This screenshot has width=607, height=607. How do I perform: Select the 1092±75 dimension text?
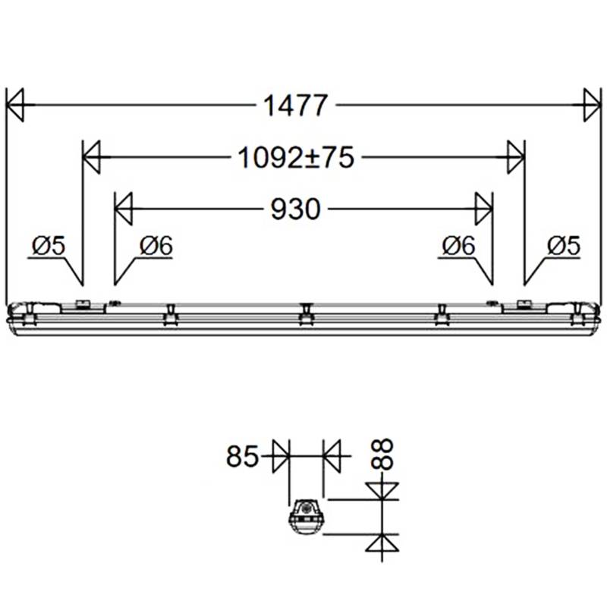coord(296,157)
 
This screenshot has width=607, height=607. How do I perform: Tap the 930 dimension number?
coord(295,209)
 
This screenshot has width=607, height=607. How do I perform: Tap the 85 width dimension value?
coord(242,457)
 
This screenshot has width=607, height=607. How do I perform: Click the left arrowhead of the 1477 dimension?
coord(15,105)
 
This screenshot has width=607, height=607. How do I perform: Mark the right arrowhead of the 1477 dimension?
coord(592,105)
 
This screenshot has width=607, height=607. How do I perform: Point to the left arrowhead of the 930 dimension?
coord(124,209)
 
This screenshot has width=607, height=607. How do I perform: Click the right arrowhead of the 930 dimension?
coord(483,209)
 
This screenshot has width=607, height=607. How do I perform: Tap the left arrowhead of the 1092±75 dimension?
coord(92,157)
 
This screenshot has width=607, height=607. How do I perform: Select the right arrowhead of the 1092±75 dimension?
coord(515,157)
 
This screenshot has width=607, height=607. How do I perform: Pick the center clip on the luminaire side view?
coord(305,313)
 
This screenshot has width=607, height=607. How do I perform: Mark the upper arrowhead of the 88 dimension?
coord(382,491)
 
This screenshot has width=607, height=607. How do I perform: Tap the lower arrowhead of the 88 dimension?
coord(382,543)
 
